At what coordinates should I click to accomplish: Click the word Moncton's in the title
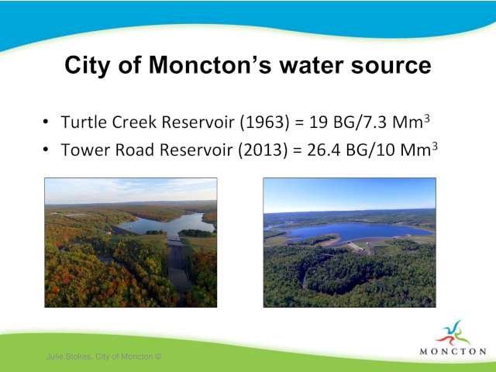pyautogui.click(x=210, y=65)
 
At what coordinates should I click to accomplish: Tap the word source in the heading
pyautogui.click(x=391, y=66)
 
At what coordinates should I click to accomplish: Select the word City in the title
pyautogui.click(x=88, y=66)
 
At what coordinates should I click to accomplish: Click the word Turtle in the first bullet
pyautogui.click(x=84, y=122)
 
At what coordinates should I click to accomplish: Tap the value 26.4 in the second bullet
pyautogui.click(x=324, y=150)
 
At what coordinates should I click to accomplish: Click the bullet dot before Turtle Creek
pyautogui.click(x=46, y=122)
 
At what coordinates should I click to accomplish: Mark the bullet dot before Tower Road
pyautogui.click(x=46, y=149)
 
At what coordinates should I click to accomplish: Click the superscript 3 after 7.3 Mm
pyautogui.click(x=427, y=119)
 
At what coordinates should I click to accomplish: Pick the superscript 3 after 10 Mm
pyautogui.click(x=435, y=146)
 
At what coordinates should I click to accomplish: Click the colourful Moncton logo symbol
pyautogui.click(x=453, y=332)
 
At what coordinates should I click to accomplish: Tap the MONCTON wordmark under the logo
pyautogui.click(x=453, y=351)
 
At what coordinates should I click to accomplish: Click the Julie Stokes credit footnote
pyautogui.click(x=104, y=356)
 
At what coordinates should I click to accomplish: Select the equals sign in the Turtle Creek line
pyautogui.click(x=299, y=122)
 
